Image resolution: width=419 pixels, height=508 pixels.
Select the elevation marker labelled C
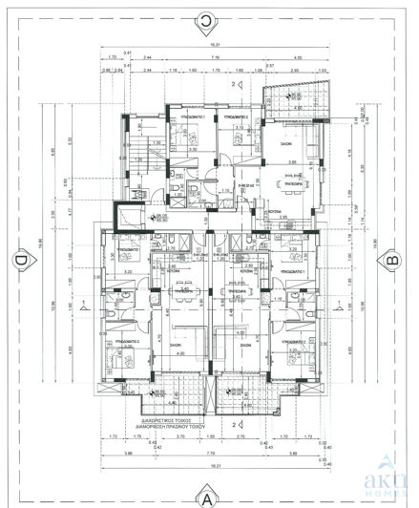[205, 16]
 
